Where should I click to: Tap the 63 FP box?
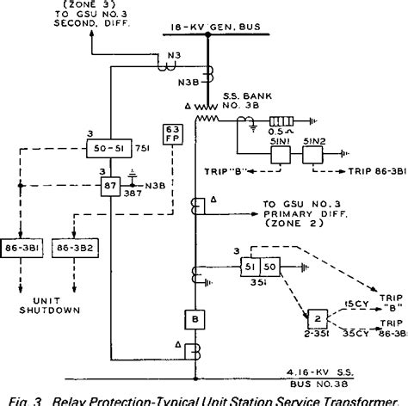[x=170, y=136]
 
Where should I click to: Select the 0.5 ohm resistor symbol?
[x=285, y=122]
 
